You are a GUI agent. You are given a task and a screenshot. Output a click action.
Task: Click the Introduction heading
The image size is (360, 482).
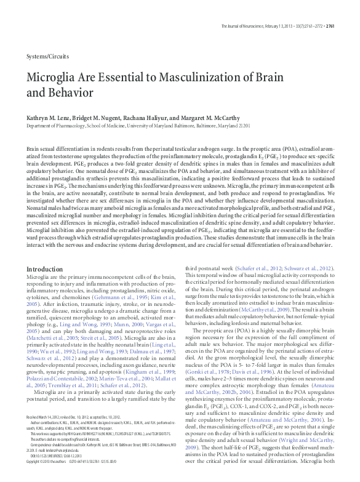click(x=45, y=269)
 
